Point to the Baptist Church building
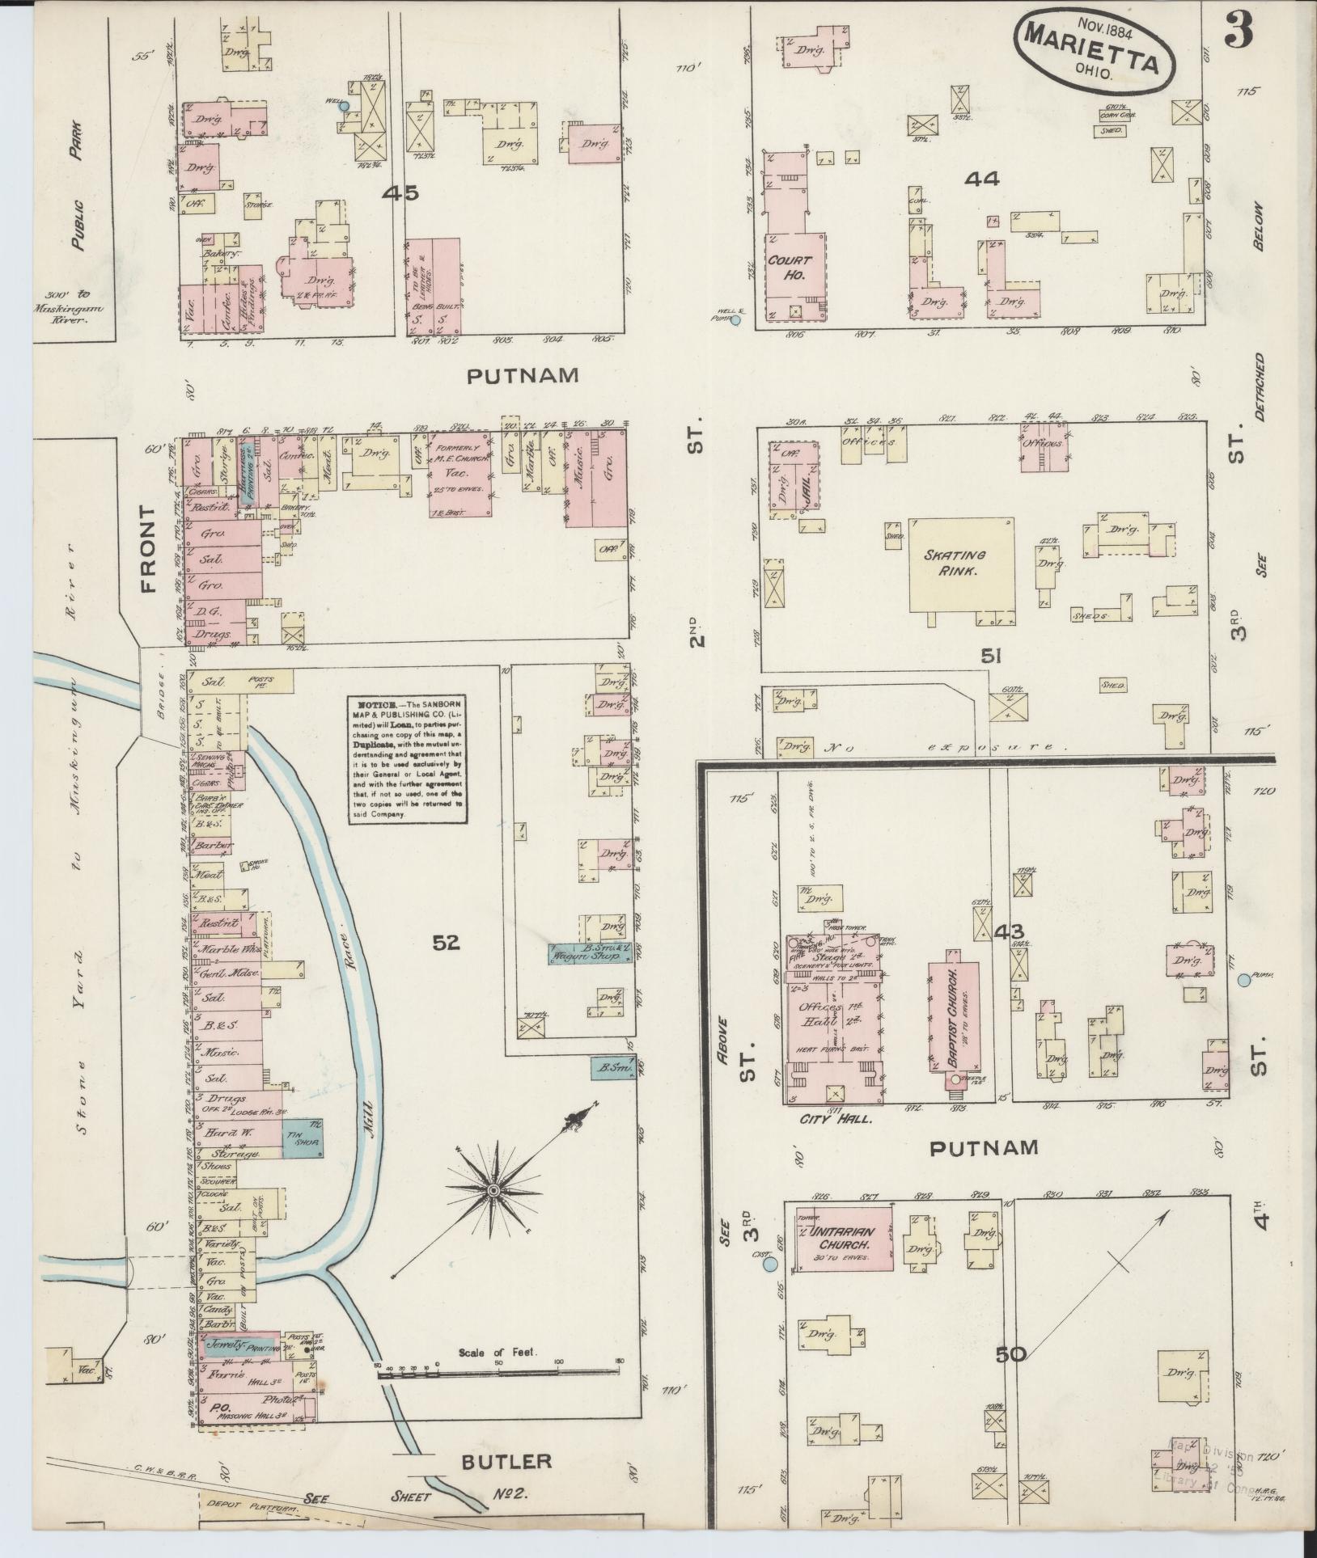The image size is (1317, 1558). click(954, 1019)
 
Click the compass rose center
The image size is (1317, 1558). click(492, 1191)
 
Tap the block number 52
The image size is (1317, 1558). click(446, 942)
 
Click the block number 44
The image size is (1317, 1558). click(982, 179)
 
